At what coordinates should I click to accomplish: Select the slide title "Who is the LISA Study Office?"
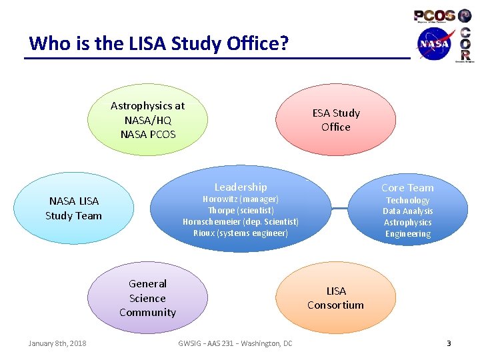pos(159,43)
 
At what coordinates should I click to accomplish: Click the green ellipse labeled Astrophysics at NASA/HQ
pos(147,119)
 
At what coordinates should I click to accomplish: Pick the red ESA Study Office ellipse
pos(335,120)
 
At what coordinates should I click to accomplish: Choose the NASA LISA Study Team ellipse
pos(73,208)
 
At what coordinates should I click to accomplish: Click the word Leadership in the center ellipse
pos(240,187)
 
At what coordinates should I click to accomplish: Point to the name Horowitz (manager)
pos(240,199)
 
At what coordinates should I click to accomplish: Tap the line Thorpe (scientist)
pos(240,210)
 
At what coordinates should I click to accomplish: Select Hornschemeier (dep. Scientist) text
pos(240,221)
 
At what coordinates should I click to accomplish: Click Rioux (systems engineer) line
pos(240,233)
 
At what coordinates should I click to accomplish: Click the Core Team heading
pos(407,187)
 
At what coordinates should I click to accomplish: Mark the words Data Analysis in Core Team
pos(407,211)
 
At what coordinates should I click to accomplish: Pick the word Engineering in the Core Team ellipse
pos(407,234)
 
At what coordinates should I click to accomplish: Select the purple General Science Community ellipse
pos(147,298)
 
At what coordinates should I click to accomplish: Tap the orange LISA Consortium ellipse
pos(335,298)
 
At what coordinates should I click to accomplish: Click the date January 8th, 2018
pos(57,343)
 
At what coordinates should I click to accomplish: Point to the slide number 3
pos(449,343)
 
